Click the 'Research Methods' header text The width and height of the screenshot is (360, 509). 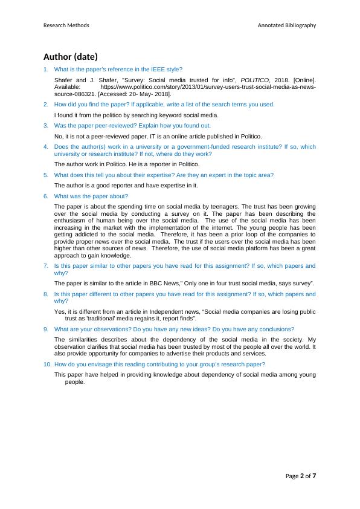tap(66, 25)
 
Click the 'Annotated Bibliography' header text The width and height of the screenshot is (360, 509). tap(286, 25)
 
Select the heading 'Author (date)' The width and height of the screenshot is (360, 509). tap(70, 57)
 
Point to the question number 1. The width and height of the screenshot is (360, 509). tap(46, 70)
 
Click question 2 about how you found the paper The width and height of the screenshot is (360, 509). tap(164, 104)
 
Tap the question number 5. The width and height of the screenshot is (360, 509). tap(46, 175)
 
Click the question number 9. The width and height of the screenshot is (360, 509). tap(46, 329)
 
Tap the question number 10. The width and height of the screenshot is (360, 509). tap(47, 365)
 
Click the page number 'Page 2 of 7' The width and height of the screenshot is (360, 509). tap(300, 476)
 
